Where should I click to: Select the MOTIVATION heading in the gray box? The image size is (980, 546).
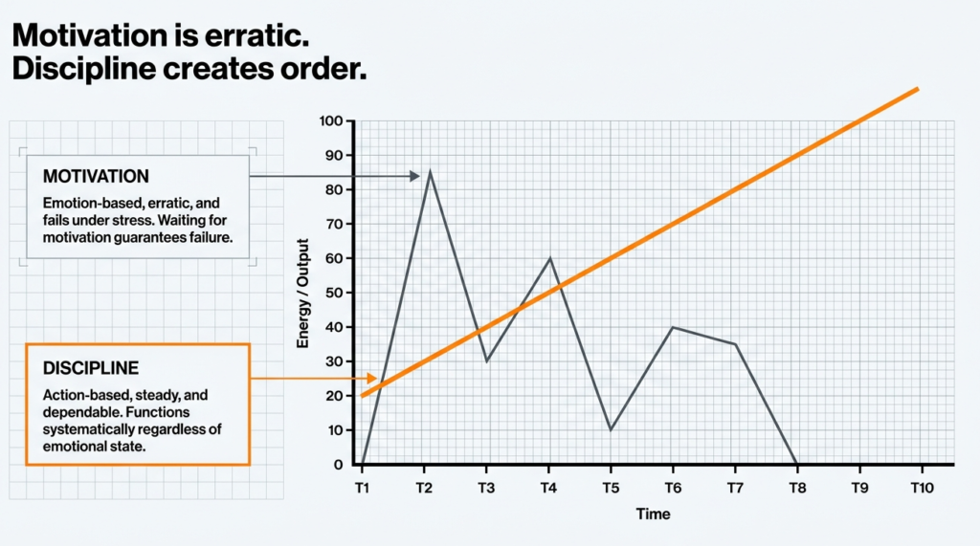click(x=96, y=177)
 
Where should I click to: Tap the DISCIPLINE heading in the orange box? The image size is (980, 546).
click(x=92, y=367)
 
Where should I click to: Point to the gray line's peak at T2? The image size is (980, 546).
click(x=430, y=172)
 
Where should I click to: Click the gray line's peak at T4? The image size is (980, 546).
click(x=549, y=258)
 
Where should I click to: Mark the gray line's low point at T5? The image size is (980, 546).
click(x=611, y=429)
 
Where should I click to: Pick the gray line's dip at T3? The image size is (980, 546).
click(x=486, y=360)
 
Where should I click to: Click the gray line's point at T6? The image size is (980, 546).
click(x=672, y=327)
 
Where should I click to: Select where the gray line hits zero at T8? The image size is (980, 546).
click(x=796, y=464)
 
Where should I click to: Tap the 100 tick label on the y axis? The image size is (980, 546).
click(x=332, y=121)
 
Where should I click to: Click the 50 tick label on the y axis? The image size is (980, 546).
click(x=335, y=293)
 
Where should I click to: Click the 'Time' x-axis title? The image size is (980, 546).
click(x=653, y=514)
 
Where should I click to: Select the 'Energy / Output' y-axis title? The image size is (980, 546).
click(x=304, y=293)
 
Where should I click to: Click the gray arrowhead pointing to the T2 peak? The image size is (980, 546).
click(x=414, y=176)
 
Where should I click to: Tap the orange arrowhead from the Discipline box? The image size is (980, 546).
click(x=371, y=379)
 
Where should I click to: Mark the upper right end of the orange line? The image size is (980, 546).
click(x=917, y=89)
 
